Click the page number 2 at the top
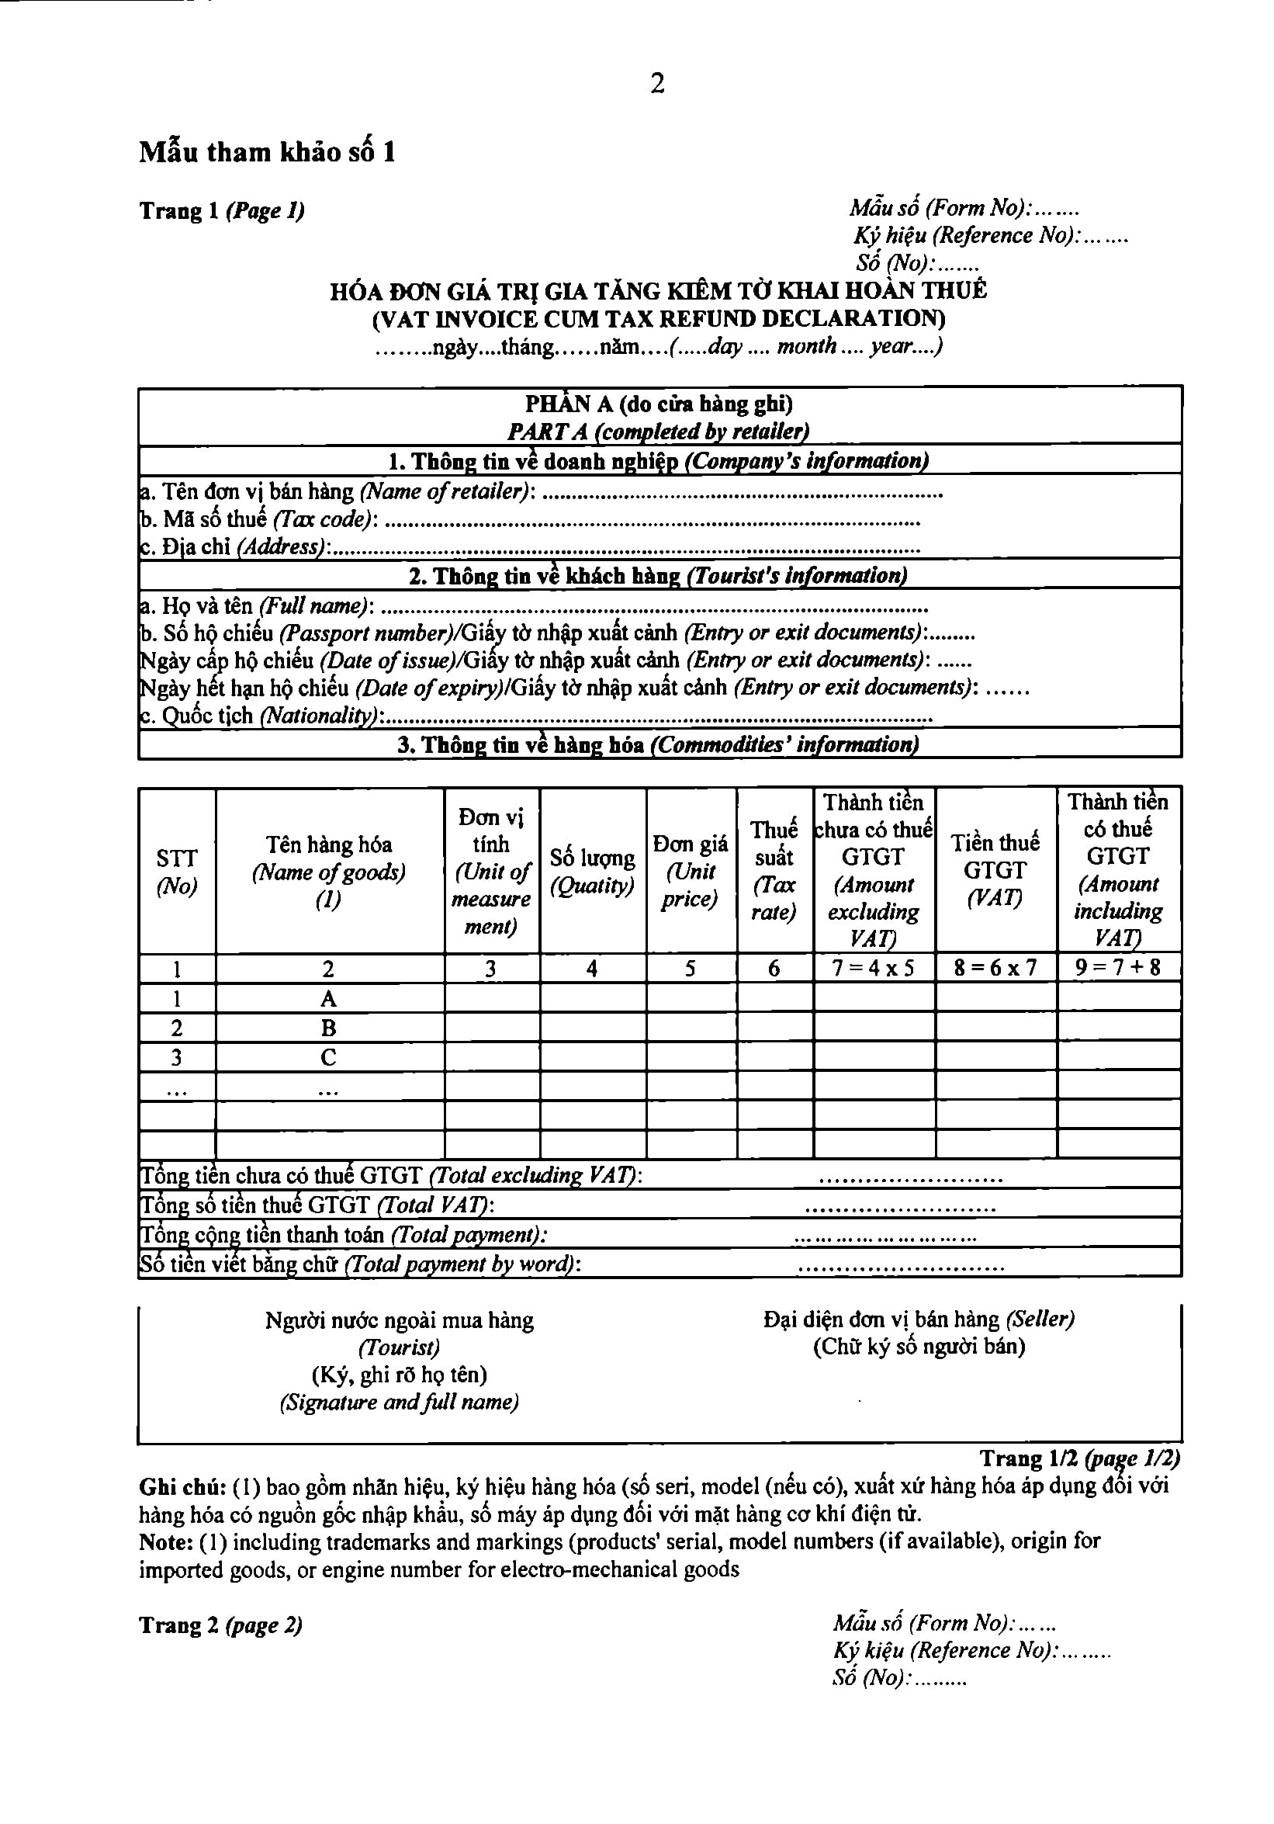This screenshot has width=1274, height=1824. tap(657, 83)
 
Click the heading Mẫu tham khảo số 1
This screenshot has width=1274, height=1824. tap(267, 151)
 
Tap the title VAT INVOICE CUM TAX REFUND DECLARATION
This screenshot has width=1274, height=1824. tap(659, 318)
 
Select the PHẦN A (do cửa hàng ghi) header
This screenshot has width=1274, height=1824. tap(659, 404)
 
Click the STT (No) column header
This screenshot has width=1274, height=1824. tap(176, 872)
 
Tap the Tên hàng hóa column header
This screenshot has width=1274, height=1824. tap(329, 871)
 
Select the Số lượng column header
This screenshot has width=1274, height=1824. tap(592, 872)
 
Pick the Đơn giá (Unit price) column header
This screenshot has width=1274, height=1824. tap(691, 871)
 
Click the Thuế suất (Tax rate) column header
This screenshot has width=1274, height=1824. tap(774, 871)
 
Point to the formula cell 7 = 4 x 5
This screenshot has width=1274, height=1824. tap(873, 969)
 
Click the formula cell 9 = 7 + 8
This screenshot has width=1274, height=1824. tap(1117, 968)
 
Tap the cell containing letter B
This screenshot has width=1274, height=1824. tap(328, 1028)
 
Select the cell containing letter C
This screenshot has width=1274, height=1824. tap(328, 1057)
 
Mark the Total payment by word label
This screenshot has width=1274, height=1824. tap(360, 1264)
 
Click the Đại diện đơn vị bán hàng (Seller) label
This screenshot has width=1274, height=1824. tap(918, 1319)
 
